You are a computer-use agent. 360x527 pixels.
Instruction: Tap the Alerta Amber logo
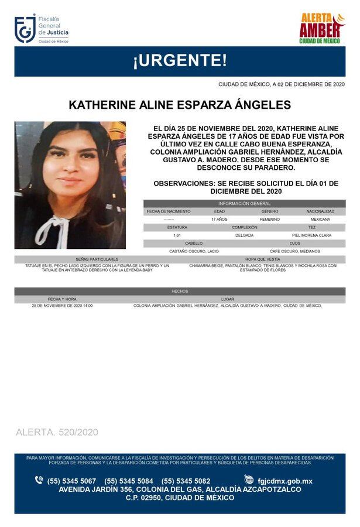click(x=321, y=29)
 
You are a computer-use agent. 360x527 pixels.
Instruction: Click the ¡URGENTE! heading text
click(x=180, y=60)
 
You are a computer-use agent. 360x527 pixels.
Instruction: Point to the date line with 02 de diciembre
click(x=281, y=84)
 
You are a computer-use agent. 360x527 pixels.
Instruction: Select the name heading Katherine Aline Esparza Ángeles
click(x=180, y=105)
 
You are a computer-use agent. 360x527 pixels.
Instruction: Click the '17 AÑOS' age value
click(x=220, y=219)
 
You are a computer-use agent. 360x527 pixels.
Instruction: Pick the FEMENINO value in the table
click(x=269, y=219)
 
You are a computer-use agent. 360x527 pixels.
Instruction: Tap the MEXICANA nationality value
click(x=320, y=219)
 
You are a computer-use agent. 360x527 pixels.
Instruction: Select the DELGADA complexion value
click(x=244, y=235)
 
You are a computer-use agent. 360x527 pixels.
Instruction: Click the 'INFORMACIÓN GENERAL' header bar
click(x=244, y=203)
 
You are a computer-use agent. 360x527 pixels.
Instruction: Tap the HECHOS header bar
click(x=180, y=291)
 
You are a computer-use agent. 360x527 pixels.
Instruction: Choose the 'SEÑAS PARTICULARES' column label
click(x=97, y=259)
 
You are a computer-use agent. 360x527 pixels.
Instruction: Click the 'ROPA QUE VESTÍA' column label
click(x=263, y=259)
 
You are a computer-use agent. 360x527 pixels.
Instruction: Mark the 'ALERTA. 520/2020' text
click(x=57, y=432)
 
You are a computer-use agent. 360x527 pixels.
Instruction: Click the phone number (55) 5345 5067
click(x=71, y=481)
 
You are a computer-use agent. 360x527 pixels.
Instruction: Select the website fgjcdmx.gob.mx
click(x=286, y=481)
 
